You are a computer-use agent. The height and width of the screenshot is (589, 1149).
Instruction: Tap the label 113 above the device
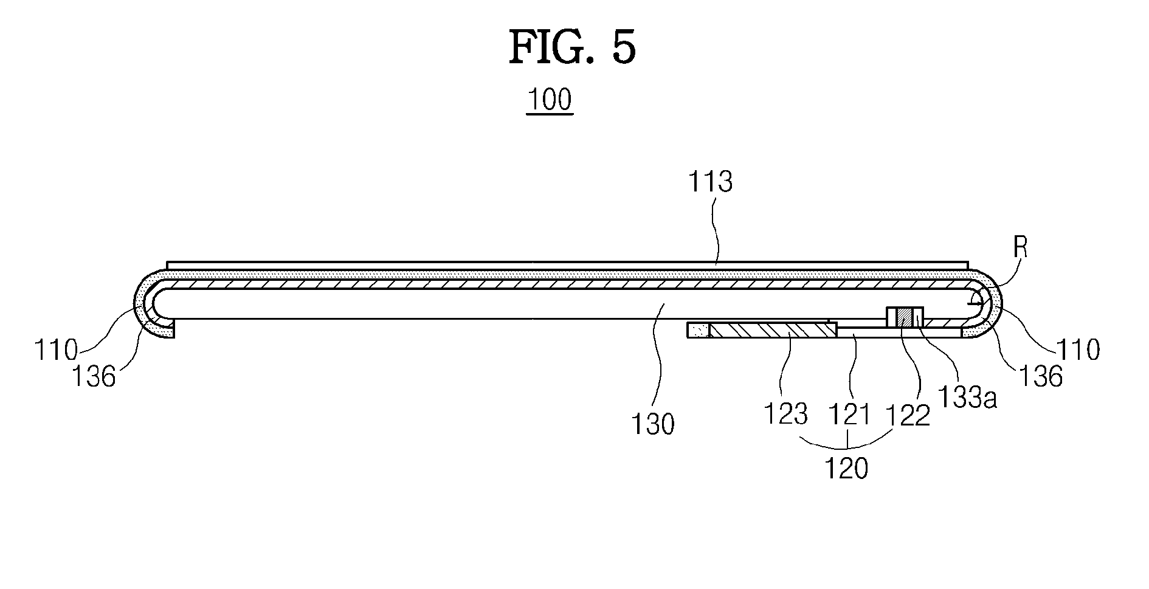[x=709, y=182]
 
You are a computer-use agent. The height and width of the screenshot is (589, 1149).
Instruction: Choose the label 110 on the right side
[x=1078, y=351]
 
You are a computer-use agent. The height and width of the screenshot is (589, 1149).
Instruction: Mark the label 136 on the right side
[x=1041, y=377]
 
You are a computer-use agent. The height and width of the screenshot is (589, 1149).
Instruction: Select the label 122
[x=908, y=415]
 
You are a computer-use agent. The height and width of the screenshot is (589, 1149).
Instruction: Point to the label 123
[x=785, y=415]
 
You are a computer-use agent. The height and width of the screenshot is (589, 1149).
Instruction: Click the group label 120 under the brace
[x=846, y=469]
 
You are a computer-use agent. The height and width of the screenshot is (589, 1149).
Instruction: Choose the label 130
[x=652, y=424]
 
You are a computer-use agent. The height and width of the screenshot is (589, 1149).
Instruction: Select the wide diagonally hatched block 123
[x=772, y=331]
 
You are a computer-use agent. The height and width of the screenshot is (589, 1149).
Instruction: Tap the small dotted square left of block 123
[x=698, y=331]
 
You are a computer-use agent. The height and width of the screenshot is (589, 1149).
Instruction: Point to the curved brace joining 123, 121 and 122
[x=847, y=443]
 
